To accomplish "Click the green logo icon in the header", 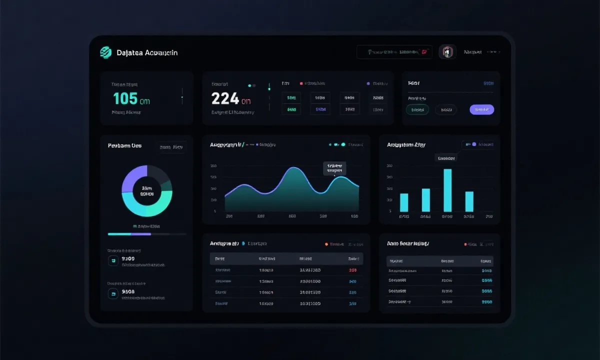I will pos(105,52).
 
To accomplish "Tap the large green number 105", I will pos(125,98).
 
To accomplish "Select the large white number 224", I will pos(225,98).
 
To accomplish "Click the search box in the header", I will pos(394,52).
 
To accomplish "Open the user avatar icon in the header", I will pos(447,52).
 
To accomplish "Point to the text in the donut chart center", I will pos(147,191).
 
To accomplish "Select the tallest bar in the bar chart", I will pos(447,190).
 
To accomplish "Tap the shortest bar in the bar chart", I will pos(404,202).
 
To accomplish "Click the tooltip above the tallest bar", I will pos(446,158).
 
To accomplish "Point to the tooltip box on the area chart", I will pos(335,168).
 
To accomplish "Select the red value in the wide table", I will pos(352,270).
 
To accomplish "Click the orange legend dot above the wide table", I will pos(326,244).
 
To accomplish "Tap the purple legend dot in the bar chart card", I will pos(474,144).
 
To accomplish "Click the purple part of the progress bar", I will pos(141,234).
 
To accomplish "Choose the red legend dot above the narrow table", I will pos(465,244).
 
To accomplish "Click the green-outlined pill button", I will pos(417,109).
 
